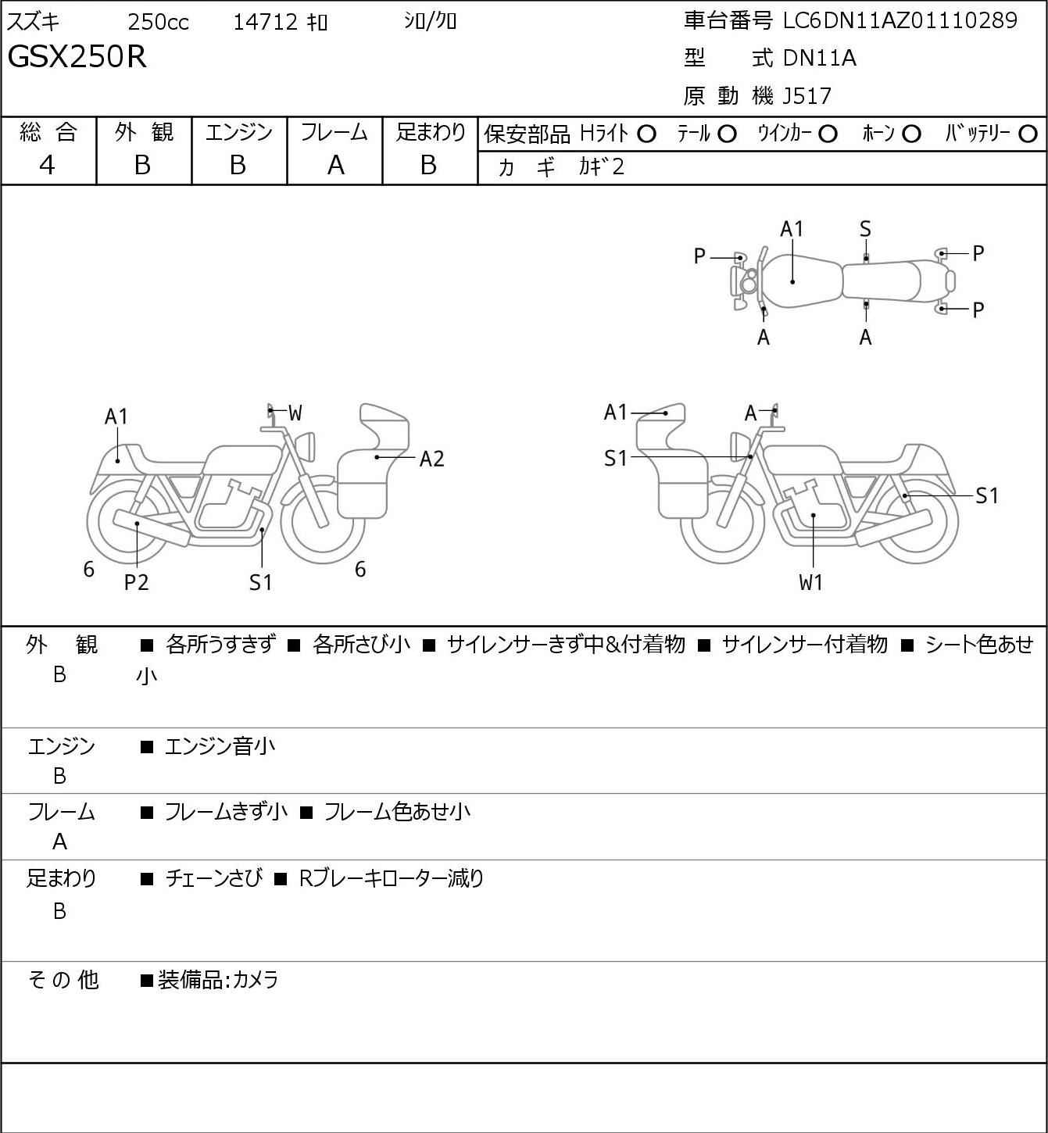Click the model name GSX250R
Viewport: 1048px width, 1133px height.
pyautogui.click(x=77, y=56)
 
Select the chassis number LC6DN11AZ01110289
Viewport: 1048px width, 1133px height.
pyautogui.click(x=900, y=21)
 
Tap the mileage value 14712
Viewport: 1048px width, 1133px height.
pyautogui.click(x=266, y=22)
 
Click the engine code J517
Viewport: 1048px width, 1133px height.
pyautogui.click(x=807, y=96)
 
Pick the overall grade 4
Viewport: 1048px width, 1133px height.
pyautogui.click(x=47, y=165)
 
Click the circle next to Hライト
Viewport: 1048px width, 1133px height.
pyautogui.click(x=647, y=134)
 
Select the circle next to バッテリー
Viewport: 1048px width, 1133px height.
pyautogui.click(x=1028, y=134)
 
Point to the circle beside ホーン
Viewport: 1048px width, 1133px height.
pyautogui.click(x=911, y=134)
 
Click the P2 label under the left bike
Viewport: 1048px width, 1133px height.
pyautogui.click(x=137, y=582)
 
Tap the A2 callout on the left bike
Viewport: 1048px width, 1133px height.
pyautogui.click(x=431, y=459)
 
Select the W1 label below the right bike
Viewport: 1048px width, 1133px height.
pyautogui.click(x=810, y=582)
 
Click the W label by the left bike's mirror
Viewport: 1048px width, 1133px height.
pyautogui.click(x=295, y=413)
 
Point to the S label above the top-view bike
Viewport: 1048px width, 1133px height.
pyautogui.click(x=865, y=230)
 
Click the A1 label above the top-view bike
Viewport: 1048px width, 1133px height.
pyautogui.click(x=792, y=230)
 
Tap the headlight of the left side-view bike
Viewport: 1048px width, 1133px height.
pyautogui.click(x=305, y=445)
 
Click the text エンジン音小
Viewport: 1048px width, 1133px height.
pyautogui.click(x=220, y=746)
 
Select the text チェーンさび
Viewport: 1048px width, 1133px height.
pyautogui.click(x=214, y=878)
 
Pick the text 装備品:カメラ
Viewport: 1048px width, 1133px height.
pyautogui.click(x=218, y=980)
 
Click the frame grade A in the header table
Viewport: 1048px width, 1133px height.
pyautogui.click(x=335, y=166)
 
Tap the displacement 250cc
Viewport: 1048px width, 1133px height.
pyautogui.click(x=158, y=22)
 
